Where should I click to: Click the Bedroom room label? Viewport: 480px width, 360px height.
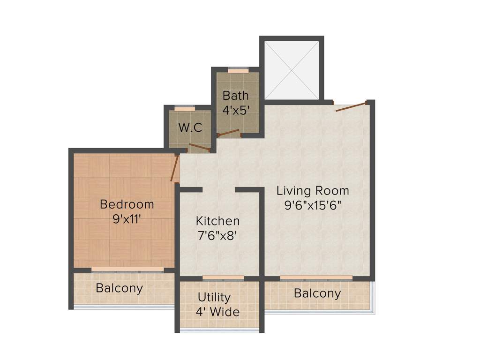pos(127,204)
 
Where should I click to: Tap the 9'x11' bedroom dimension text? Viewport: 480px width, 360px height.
pos(127,219)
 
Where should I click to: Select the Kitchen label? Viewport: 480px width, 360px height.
pos(217,221)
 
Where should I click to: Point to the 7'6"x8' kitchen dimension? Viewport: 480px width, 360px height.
pos(217,236)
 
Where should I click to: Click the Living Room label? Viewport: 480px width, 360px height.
pos(313,191)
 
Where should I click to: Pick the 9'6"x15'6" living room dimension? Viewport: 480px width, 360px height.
pos(313,205)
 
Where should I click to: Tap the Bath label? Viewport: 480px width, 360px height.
pos(235,96)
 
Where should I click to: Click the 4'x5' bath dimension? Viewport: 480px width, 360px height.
pos(235,111)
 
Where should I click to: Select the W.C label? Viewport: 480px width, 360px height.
pos(190,127)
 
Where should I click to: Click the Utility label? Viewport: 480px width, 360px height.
pos(214,297)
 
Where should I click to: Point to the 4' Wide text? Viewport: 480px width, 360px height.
pos(217,312)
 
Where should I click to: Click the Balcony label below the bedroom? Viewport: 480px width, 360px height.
pos(119,288)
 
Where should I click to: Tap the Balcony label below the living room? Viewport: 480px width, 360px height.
pos(317,293)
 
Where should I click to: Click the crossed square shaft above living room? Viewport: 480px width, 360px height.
pos(292,70)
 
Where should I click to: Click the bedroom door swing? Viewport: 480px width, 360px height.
pos(175,169)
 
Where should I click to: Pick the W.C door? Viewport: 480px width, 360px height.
pos(199,148)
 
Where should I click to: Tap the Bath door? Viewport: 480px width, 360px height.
pos(229,133)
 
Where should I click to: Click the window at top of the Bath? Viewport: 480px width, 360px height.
pos(238,70)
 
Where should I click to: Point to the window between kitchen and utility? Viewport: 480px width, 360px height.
pos(223,278)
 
